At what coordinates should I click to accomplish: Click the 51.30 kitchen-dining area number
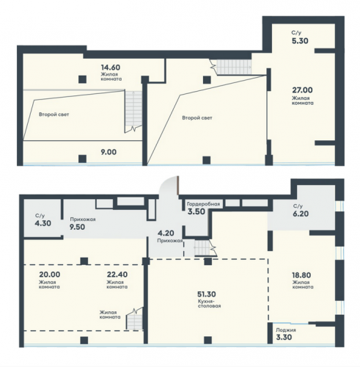[207, 294]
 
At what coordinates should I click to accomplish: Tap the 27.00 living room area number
[302, 90]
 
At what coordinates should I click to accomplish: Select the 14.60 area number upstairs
[111, 67]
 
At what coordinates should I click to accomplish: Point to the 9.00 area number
[109, 152]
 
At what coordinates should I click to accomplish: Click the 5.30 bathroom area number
[300, 40]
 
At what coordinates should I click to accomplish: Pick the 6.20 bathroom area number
[301, 214]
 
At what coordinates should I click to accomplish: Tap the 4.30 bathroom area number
[43, 223]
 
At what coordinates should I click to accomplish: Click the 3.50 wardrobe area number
[196, 211]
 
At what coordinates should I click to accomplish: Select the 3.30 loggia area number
[284, 337]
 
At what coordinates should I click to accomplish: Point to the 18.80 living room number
[301, 275]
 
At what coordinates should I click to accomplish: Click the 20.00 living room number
[49, 275]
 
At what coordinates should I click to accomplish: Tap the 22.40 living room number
[117, 275]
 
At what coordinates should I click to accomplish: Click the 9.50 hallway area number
[78, 227]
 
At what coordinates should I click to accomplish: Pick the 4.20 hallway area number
[166, 233]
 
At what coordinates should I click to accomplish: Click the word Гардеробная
[203, 204]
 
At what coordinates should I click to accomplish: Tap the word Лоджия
[286, 330]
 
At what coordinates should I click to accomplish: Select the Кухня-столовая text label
[210, 304]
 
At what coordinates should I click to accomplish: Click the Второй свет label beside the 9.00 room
[54, 115]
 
